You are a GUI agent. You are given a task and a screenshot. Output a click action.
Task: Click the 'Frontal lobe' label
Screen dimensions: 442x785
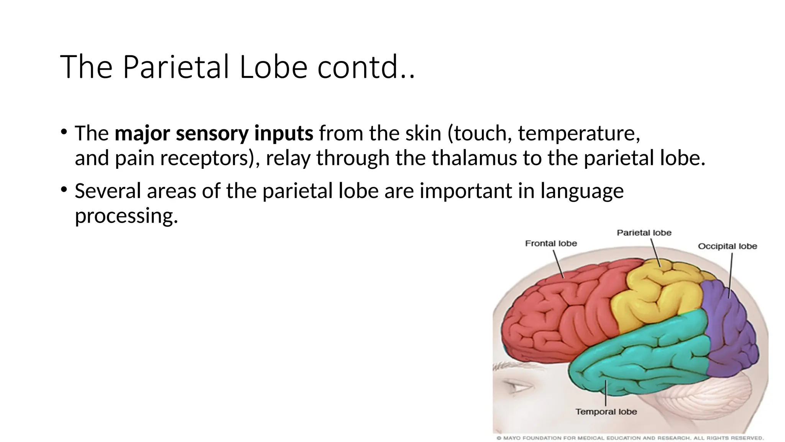[x=551, y=243]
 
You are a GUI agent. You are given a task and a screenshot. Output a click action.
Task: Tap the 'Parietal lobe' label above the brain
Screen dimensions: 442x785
[x=644, y=233]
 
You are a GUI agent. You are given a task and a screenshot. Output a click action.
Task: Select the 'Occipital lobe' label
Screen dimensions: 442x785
[x=727, y=246]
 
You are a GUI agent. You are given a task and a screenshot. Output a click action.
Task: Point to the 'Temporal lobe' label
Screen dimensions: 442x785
[x=606, y=412]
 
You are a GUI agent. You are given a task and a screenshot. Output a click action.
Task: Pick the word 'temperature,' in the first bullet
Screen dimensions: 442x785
[x=579, y=133]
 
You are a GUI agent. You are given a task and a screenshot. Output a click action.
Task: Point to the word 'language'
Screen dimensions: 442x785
[x=582, y=191]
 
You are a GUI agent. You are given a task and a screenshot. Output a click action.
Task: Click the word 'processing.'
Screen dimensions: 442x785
[x=126, y=215]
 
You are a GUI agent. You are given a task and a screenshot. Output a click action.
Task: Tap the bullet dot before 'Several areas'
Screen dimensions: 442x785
[x=64, y=189]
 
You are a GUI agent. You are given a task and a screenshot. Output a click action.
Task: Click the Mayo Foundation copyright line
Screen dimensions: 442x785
[x=630, y=438]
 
